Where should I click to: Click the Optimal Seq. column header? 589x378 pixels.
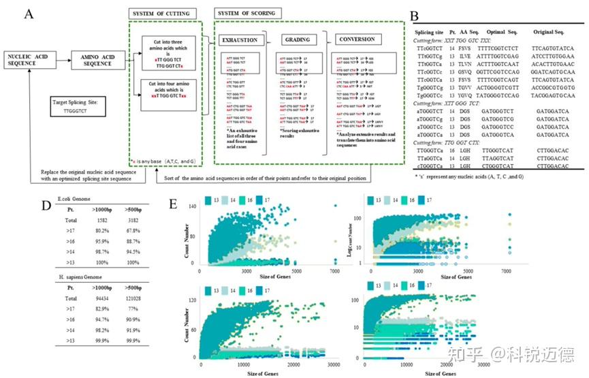click(x=504, y=32)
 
